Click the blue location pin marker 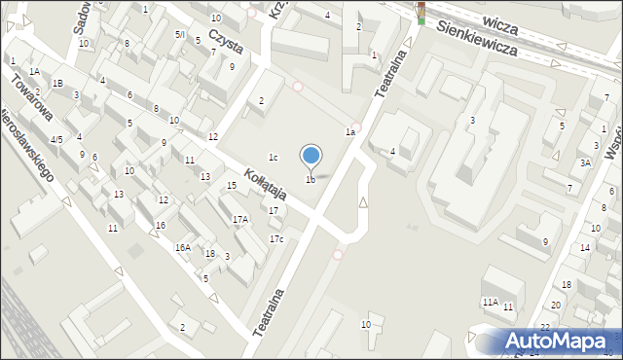coord(311,156)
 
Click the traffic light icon coord(421,12)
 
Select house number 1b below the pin coord(311,179)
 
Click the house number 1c coord(275,158)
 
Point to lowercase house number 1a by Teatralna coord(348,131)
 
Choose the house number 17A coord(239,219)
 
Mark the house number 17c coord(276,239)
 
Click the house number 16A coord(182,248)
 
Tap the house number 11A coord(490,303)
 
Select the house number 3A coord(585,163)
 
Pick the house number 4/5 coord(56,140)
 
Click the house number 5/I coord(179,34)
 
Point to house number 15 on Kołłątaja coord(231,186)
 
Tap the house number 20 coord(556,306)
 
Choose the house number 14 coord(584,248)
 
